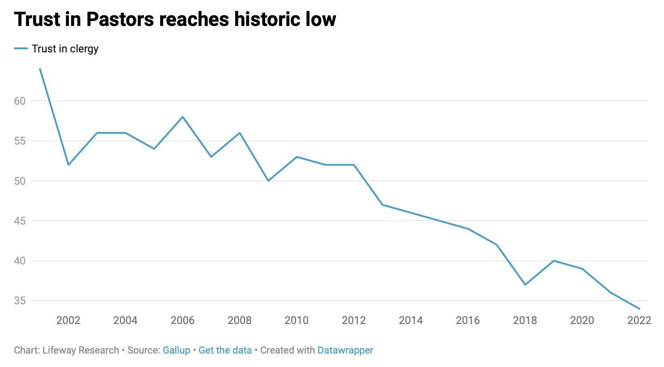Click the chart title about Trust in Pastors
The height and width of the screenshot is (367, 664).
175,20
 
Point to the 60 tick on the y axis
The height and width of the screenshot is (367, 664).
20,101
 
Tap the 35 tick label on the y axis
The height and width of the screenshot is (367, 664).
20,301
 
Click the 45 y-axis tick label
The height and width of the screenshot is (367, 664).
20,221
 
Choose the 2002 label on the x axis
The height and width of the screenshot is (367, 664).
68,320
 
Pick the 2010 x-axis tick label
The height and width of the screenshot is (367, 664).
296,320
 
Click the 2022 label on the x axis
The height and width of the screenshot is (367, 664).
639,320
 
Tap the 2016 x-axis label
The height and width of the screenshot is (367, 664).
468,320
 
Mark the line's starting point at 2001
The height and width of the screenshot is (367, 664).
40,69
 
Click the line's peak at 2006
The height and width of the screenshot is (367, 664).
182,117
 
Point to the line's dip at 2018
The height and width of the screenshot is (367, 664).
525,285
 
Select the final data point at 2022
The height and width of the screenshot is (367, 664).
639,309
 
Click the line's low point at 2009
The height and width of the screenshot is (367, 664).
268,181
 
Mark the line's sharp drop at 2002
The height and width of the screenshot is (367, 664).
68,165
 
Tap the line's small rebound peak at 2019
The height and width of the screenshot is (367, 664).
554,260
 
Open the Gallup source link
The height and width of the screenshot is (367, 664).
176,350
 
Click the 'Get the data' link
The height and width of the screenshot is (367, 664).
225,350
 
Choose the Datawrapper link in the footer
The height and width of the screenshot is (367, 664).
345,350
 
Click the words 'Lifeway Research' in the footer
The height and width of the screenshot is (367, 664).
80,350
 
